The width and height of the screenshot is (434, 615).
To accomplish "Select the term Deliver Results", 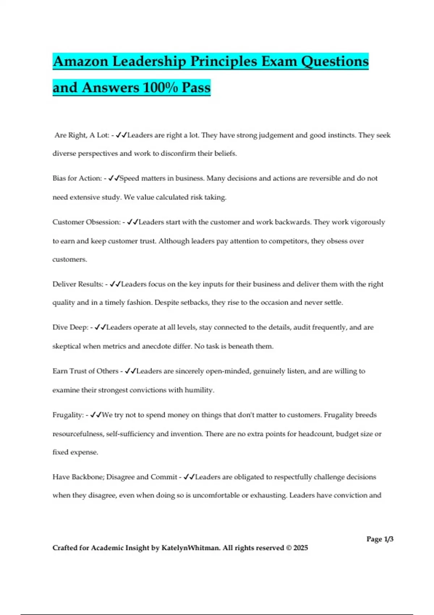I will [78, 284].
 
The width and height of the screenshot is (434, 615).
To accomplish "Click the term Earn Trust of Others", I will [85, 371].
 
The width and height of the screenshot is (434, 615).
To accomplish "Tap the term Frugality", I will [68, 415].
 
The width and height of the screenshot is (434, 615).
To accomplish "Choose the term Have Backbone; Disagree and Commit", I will [115, 477].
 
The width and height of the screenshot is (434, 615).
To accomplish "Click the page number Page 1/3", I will [380, 539].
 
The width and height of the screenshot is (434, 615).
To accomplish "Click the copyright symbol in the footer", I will [289, 548].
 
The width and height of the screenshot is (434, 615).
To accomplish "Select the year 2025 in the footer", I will [301, 548].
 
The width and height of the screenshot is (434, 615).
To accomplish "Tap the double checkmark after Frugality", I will [96, 415].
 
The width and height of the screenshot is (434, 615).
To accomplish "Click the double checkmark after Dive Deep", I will [100, 327].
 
